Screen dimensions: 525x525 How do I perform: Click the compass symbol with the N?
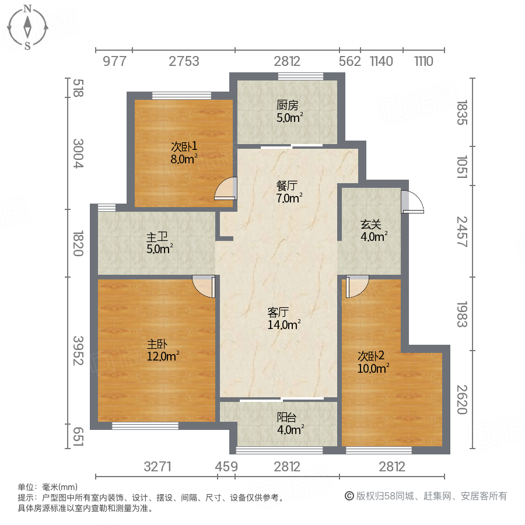[27, 27]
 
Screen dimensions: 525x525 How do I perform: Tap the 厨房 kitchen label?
[287, 106]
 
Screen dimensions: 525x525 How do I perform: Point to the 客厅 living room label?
[279, 311]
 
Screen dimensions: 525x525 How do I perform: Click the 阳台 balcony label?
[286, 417]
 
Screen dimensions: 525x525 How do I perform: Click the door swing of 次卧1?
[225, 189]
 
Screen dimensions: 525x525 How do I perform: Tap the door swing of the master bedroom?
[204, 286]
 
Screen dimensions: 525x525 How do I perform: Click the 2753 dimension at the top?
[184, 61]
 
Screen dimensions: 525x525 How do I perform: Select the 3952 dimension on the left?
[77, 351]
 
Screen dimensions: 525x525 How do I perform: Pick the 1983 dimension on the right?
[462, 314]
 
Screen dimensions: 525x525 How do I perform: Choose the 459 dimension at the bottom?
[226, 467]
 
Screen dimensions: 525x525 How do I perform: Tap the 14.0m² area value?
[283, 324]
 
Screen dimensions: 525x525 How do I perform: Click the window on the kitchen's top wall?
[300, 76]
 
